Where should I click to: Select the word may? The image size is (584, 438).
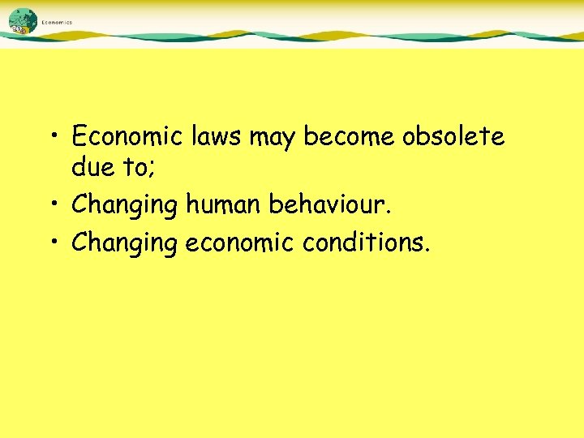[x=273, y=138]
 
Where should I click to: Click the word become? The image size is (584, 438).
[x=349, y=136]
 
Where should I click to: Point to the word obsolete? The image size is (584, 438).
[x=453, y=136]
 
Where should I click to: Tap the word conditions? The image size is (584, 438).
[x=368, y=242]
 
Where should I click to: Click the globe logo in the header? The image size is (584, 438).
[x=24, y=22]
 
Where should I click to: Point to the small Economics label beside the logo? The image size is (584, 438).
[x=57, y=23]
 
